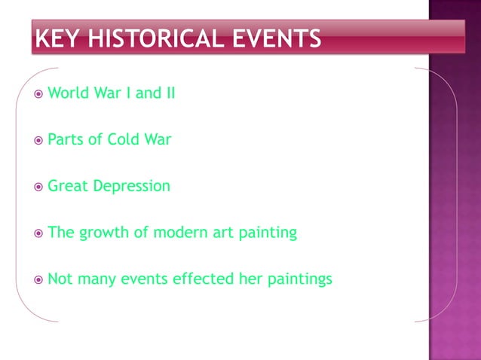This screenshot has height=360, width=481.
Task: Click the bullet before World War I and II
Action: tap(38, 95)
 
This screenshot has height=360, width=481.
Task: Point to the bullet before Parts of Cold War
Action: tap(38, 141)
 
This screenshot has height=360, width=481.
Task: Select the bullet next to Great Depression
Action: tap(38, 187)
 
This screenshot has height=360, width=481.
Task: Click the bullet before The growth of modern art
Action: tap(38, 233)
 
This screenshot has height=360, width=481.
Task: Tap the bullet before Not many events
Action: tap(38, 280)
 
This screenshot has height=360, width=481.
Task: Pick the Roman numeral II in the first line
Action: tap(170, 94)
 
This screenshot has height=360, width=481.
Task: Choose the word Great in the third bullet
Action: tap(67, 186)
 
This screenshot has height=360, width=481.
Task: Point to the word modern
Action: tap(176, 233)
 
